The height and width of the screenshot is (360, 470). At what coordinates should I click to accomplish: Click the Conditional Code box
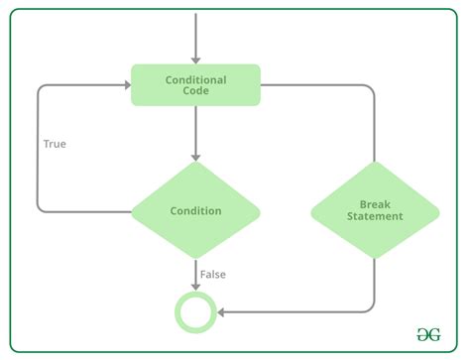click(195, 85)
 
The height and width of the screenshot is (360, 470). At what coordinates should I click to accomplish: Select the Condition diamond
click(195, 210)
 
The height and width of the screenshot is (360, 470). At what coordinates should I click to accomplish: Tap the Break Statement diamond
click(375, 210)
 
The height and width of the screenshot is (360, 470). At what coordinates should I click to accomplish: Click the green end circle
click(195, 312)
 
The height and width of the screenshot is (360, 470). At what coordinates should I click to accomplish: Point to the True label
click(55, 144)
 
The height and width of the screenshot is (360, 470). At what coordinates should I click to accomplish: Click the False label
click(213, 273)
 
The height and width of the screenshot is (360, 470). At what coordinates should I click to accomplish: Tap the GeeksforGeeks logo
click(429, 334)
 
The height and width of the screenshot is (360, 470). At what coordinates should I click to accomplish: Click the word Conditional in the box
click(195, 79)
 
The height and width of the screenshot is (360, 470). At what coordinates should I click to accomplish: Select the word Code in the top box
click(195, 92)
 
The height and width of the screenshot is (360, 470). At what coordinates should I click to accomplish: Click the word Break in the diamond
click(375, 203)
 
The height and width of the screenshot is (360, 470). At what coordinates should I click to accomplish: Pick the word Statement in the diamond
click(375, 216)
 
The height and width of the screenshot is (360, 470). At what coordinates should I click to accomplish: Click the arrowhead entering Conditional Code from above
click(195, 60)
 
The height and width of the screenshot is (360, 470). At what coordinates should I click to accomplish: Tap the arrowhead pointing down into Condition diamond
click(195, 156)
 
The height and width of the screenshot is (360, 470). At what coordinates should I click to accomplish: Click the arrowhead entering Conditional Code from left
click(126, 85)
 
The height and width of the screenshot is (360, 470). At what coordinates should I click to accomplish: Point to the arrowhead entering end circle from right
click(222, 312)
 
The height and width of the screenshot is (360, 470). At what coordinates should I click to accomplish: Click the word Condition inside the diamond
click(195, 210)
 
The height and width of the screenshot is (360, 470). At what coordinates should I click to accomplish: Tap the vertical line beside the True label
click(38, 149)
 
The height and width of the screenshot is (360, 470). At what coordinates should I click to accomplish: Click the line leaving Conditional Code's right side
click(317, 85)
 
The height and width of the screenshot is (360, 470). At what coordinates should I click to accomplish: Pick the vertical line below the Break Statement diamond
click(375, 283)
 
